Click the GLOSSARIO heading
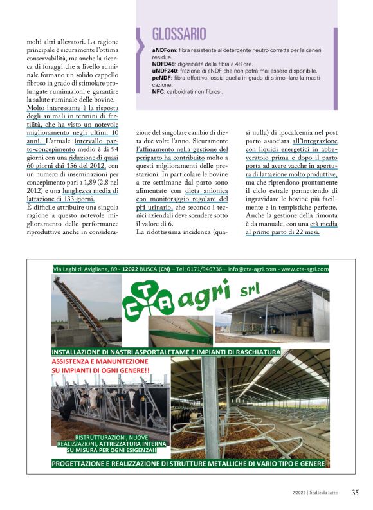[x=179, y=34]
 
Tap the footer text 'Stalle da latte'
[x=328, y=493]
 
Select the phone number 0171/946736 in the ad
[x=216, y=269]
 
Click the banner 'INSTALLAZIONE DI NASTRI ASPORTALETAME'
[x=166, y=352]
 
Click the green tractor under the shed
[x=273, y=330]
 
